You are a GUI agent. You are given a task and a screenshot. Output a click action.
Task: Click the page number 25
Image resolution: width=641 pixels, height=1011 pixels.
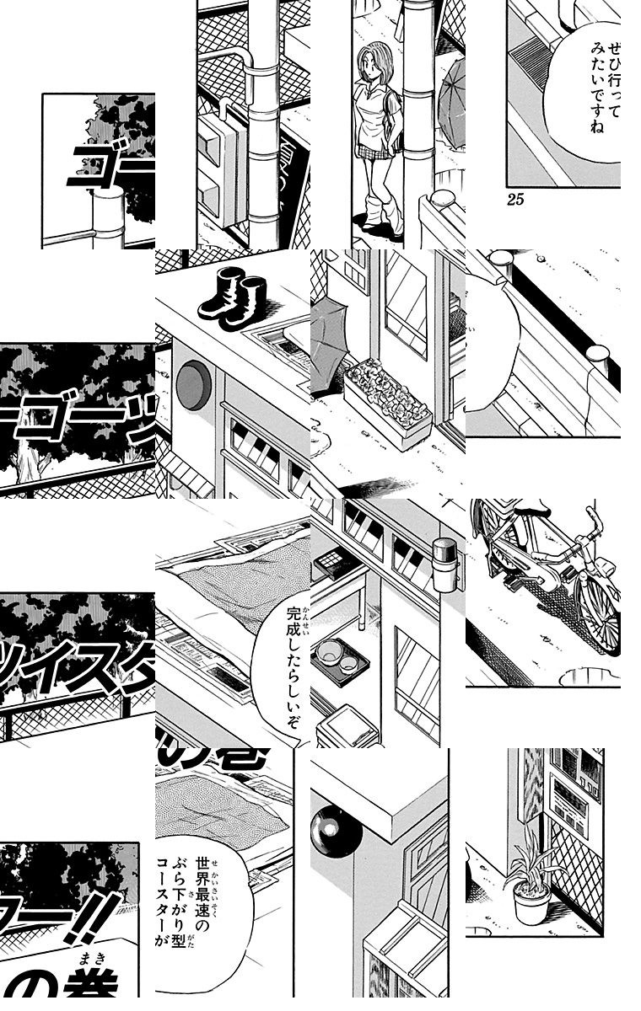pos(516,200)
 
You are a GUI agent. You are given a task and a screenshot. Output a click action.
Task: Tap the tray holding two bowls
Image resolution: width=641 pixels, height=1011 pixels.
pos(337,659)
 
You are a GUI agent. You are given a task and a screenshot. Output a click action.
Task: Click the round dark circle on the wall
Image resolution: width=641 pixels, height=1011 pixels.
pos(193,384)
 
